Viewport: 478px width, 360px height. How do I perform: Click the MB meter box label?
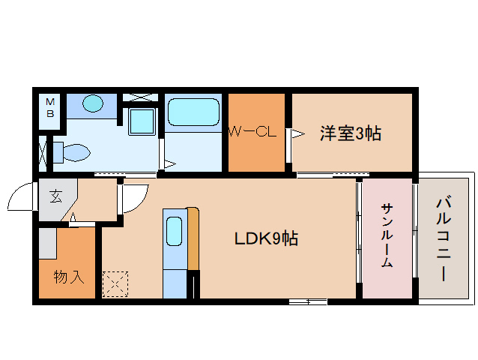tap(50, 107)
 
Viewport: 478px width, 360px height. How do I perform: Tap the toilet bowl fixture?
tap(72, 152)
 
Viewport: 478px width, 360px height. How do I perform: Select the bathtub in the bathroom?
tap(193, 112)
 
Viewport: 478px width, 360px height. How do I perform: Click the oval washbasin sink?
tap(92, 103)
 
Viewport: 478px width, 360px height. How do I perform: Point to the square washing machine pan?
tap(142, 121)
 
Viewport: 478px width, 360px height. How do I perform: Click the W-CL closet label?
tap(252, 132)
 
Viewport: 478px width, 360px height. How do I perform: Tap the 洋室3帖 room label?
tap(351, 133)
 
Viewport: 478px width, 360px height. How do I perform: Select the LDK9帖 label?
tap(266, 238)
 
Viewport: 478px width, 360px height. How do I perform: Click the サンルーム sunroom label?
tap(387, 235)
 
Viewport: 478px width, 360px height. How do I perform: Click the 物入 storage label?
tap(69, 277)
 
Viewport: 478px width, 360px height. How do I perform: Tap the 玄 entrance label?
tap(56, 196)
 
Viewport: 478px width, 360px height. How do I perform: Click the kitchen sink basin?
tap(175, 231)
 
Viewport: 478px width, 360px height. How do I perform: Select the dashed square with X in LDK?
tap(115, 284)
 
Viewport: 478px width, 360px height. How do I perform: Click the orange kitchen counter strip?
tap(193, 238)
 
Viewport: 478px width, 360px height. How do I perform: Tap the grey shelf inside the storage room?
tap(47, 244)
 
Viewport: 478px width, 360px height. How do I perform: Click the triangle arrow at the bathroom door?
tap(170, 164)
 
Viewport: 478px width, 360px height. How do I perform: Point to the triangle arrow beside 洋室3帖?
tap(298, 133)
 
